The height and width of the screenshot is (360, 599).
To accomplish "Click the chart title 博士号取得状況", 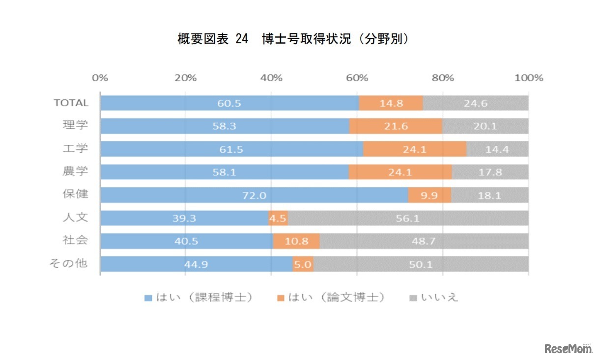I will [293, 40].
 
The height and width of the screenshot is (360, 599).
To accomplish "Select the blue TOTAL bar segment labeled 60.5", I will [229, 103].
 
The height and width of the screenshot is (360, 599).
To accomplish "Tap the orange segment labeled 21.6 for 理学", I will [395, 126].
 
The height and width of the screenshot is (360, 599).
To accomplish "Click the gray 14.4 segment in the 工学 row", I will [497, 149].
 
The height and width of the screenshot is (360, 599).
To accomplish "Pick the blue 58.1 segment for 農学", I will [224, 172].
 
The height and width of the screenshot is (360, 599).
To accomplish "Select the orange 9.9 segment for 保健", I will [429, 195].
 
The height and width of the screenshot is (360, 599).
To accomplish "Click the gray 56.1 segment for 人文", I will [408, 218].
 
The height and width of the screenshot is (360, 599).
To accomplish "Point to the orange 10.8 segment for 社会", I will [296, 241].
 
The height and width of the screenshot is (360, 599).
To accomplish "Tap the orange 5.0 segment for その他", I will [303, 264].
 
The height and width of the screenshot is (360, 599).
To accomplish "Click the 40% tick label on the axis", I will [271, 78].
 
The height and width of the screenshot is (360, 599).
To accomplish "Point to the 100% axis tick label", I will [528, 78].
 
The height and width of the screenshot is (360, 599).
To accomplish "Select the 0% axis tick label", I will [100, 78].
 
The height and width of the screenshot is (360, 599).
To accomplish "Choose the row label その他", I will [68, 263].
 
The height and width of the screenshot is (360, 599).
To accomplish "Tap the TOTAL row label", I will [71, 103].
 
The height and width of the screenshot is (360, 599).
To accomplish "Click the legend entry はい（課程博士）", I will [199, 298].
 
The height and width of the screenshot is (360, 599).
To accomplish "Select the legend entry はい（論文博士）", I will [331, 298].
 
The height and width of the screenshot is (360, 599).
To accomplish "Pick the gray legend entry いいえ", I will [434, 298].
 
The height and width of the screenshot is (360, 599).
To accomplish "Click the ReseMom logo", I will [567, 349].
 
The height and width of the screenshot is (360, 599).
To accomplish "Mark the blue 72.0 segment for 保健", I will [254, 195].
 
